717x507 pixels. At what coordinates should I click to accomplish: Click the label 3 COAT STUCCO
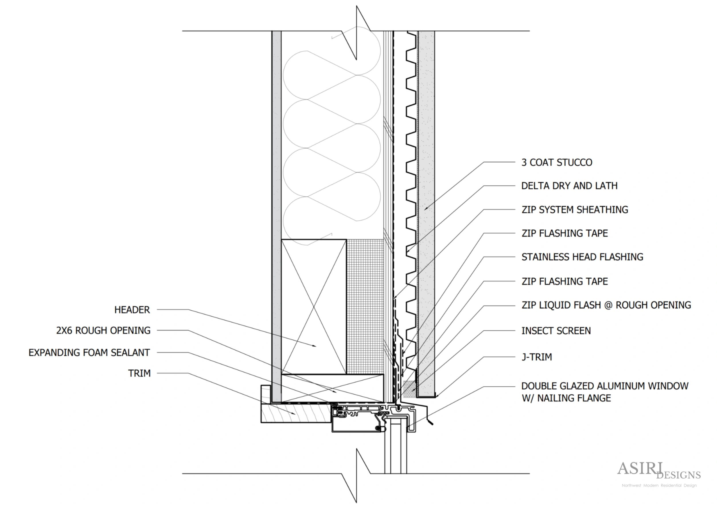click(556, 162)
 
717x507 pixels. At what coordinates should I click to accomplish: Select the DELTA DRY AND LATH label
click(569, 186)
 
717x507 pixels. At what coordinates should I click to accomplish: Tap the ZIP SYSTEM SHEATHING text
click(574, 210)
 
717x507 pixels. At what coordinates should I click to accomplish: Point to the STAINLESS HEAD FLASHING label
click(582, 257)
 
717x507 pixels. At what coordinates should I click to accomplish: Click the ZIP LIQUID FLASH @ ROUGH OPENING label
click(606, 305)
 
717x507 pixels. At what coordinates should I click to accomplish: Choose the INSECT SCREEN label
click(556, 331)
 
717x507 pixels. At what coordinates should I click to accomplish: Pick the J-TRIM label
click(536, 357)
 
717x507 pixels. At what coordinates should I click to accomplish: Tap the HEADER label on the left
click(132, 310)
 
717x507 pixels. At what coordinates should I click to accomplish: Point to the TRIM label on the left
click(139, 373)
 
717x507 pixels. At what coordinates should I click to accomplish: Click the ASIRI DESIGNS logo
click(658, 471)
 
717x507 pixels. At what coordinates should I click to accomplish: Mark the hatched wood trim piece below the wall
click(295, 413)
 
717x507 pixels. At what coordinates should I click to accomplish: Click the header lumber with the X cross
click(314, 307)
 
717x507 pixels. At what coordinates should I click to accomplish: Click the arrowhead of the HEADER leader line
click(315, 346)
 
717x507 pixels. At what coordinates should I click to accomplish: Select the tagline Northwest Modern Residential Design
click(659, 486)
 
